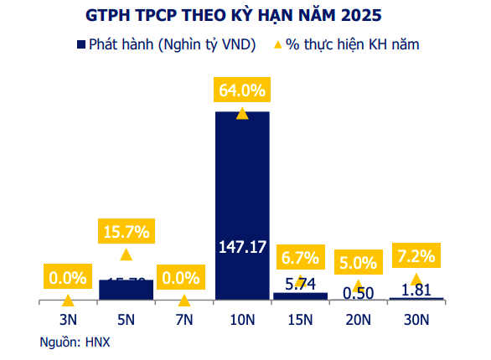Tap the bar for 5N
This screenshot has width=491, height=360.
click(126, 289)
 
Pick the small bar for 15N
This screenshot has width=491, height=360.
click(300, 296)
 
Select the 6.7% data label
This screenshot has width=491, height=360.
click(300, 255)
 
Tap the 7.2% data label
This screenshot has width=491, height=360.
click(416, 256)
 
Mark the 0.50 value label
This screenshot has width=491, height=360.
click(358, 292)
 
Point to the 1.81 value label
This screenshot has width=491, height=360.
click(416, 291)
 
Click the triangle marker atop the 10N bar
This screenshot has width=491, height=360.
click(242, 113)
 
